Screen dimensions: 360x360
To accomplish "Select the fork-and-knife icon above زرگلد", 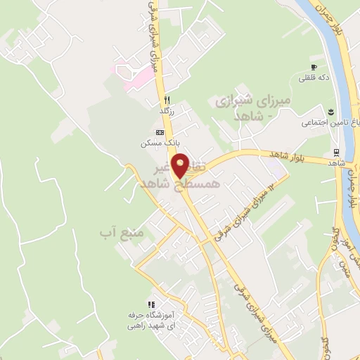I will pos(167,99).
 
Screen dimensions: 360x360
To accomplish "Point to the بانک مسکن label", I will pos(155,143).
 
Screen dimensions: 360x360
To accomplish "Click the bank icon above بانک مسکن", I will pos(160,131).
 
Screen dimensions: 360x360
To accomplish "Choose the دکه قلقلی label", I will pos(313,78).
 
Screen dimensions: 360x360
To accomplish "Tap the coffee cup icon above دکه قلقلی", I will pos(313,67).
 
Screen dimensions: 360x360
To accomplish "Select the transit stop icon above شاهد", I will pos(338,153).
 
